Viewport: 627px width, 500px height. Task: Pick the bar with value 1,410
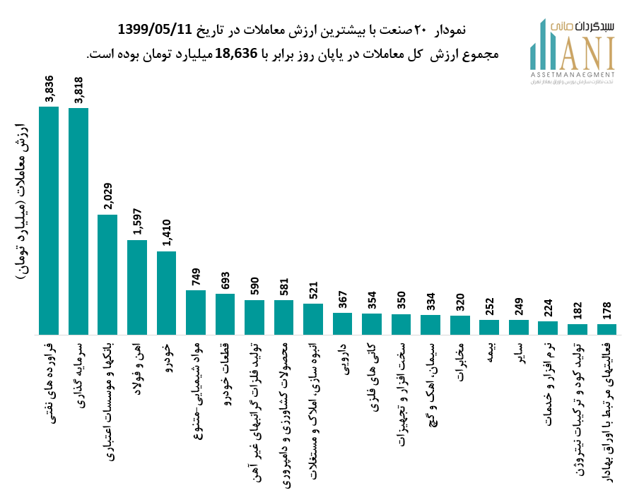tap(166, 292)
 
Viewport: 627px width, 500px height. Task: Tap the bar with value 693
tap(225, 314)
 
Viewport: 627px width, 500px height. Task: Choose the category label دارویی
tap(343, 360)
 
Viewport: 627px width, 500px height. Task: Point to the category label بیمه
tap(489, 352)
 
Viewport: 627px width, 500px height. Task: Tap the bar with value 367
tap(342, 323)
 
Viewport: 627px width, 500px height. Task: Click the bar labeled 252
tap(489, 327)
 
